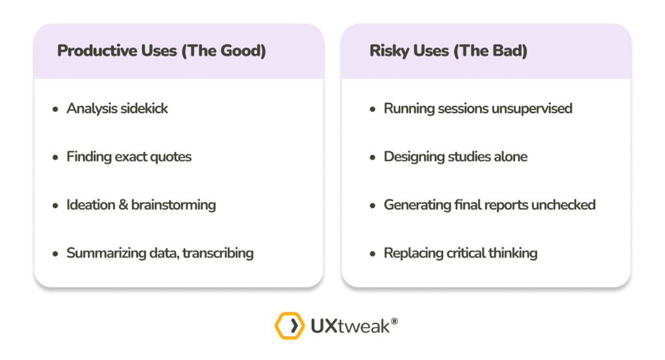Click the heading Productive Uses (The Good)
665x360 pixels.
(x=162, y=51)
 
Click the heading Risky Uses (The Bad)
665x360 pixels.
(x=448, y=51)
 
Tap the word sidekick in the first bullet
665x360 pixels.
(x=144, y=109)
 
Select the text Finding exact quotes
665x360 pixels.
(x=129, y=157)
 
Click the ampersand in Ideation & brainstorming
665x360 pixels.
(x=123, y=205)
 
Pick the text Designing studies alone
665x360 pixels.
(x=455, y=157)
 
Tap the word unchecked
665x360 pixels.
(x=563, y=205)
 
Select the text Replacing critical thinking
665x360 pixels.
(x=460, y=253)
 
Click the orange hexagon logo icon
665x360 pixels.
(x=290, y=326)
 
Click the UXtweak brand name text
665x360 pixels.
(x=350, y=326)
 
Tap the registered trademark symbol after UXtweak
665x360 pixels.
(x=394, y=322)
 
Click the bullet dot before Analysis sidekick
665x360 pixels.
(x=55, y=110)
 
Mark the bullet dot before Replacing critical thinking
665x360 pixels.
(x=372, y=254)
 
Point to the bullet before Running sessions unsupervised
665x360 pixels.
(x=372, y=110)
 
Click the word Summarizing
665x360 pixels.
(x=106, y=253)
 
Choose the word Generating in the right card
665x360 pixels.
(x=418, y=205)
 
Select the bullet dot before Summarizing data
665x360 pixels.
(x=55, y=254)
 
